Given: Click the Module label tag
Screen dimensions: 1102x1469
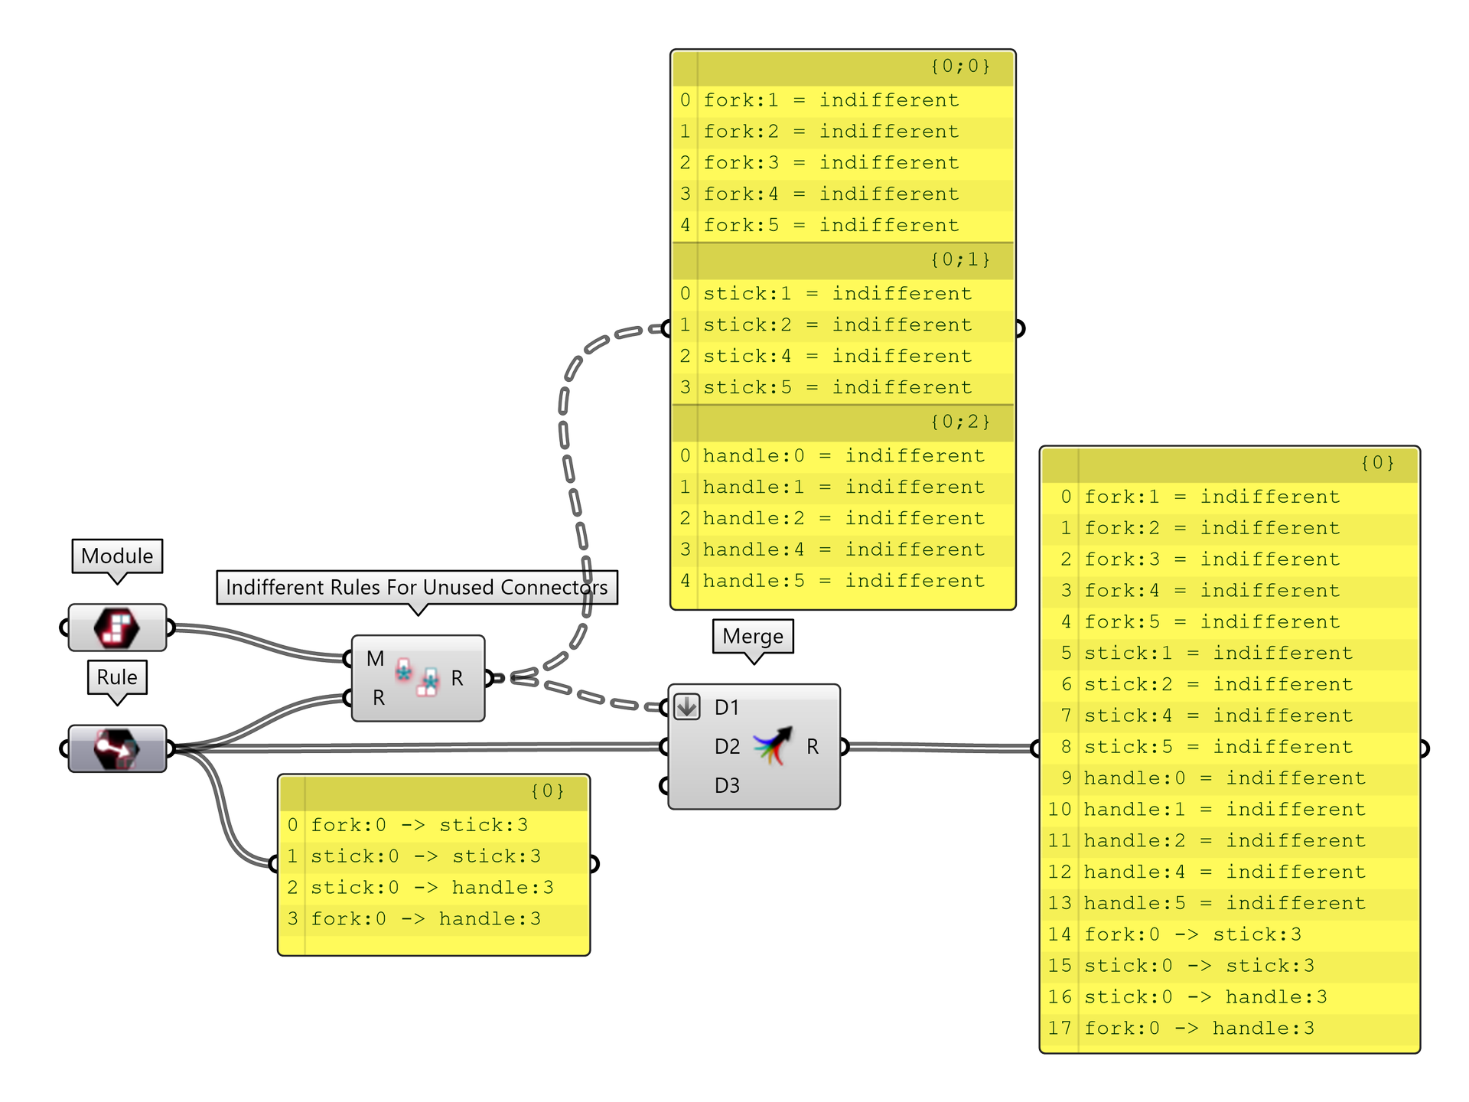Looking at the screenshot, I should tap(117, 556).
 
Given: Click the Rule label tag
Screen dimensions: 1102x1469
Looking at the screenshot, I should tap(117, 677).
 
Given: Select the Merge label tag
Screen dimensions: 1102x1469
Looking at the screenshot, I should tap(753, 637).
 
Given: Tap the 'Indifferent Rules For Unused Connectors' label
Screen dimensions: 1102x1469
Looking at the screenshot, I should tap(416, 588).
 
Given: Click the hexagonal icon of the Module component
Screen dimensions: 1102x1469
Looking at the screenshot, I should tap(116, 628).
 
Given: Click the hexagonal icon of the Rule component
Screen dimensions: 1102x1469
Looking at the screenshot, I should tap(116, 748).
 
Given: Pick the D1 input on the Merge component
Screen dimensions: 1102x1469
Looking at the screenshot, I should tap(726, 708).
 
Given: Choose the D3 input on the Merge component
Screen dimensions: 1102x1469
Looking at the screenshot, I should tap(726, 786).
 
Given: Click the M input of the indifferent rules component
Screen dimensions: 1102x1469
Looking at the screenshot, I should tap(374, 659).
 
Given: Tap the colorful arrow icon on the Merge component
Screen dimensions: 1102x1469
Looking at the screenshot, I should tap(773, 746).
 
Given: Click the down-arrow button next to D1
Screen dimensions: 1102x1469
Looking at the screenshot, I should tap(687, 707).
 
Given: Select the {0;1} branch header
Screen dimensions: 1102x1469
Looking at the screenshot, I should tap(843, 260).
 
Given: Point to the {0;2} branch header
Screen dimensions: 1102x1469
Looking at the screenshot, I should tap(843, 422).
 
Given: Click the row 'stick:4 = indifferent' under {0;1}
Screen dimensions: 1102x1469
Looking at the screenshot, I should tap(837, 357).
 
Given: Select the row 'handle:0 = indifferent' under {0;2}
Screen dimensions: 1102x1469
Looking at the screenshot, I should tap(843, 456).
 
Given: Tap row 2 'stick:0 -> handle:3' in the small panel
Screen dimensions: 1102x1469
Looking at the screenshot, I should tap(432, 888).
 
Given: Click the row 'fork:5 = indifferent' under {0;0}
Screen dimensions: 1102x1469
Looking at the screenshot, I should tap(831, 226).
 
